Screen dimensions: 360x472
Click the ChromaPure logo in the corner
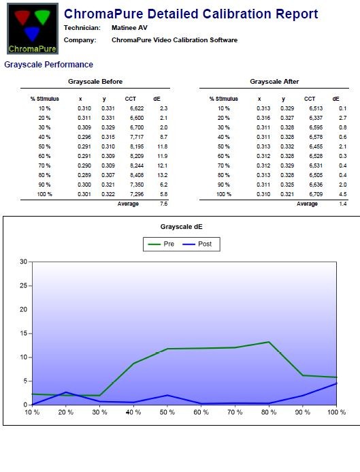tap(33, 29)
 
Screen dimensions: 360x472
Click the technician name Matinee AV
tap(129, 28)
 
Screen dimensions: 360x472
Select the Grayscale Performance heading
tap(48, 65)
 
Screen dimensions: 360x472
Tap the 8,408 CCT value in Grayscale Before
tap(137, 175)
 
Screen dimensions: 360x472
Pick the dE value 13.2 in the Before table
tap(163, 175)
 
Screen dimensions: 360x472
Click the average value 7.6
tap(164, 204)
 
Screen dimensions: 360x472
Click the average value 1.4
tap(343, 204)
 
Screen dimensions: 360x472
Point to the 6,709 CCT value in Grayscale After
tap(316, 194)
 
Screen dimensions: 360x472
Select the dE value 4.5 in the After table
tap(343, 194)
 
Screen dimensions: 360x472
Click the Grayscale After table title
tap(274, 82)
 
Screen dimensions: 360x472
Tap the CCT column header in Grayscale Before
tap(131, 99)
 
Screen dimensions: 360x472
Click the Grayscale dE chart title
tap(181, 227)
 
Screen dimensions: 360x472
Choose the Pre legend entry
tap(161, 244)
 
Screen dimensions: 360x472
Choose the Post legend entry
tap(197, 244)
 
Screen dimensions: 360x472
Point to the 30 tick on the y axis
tap(23, 262)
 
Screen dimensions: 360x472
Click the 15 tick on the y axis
tap(23, 333)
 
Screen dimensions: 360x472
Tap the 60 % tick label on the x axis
tap(201, 412)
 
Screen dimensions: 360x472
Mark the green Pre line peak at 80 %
tap(269, 342)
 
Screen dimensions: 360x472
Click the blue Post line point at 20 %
tap(66, 392)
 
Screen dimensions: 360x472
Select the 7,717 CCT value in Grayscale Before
tap(137, 137)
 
